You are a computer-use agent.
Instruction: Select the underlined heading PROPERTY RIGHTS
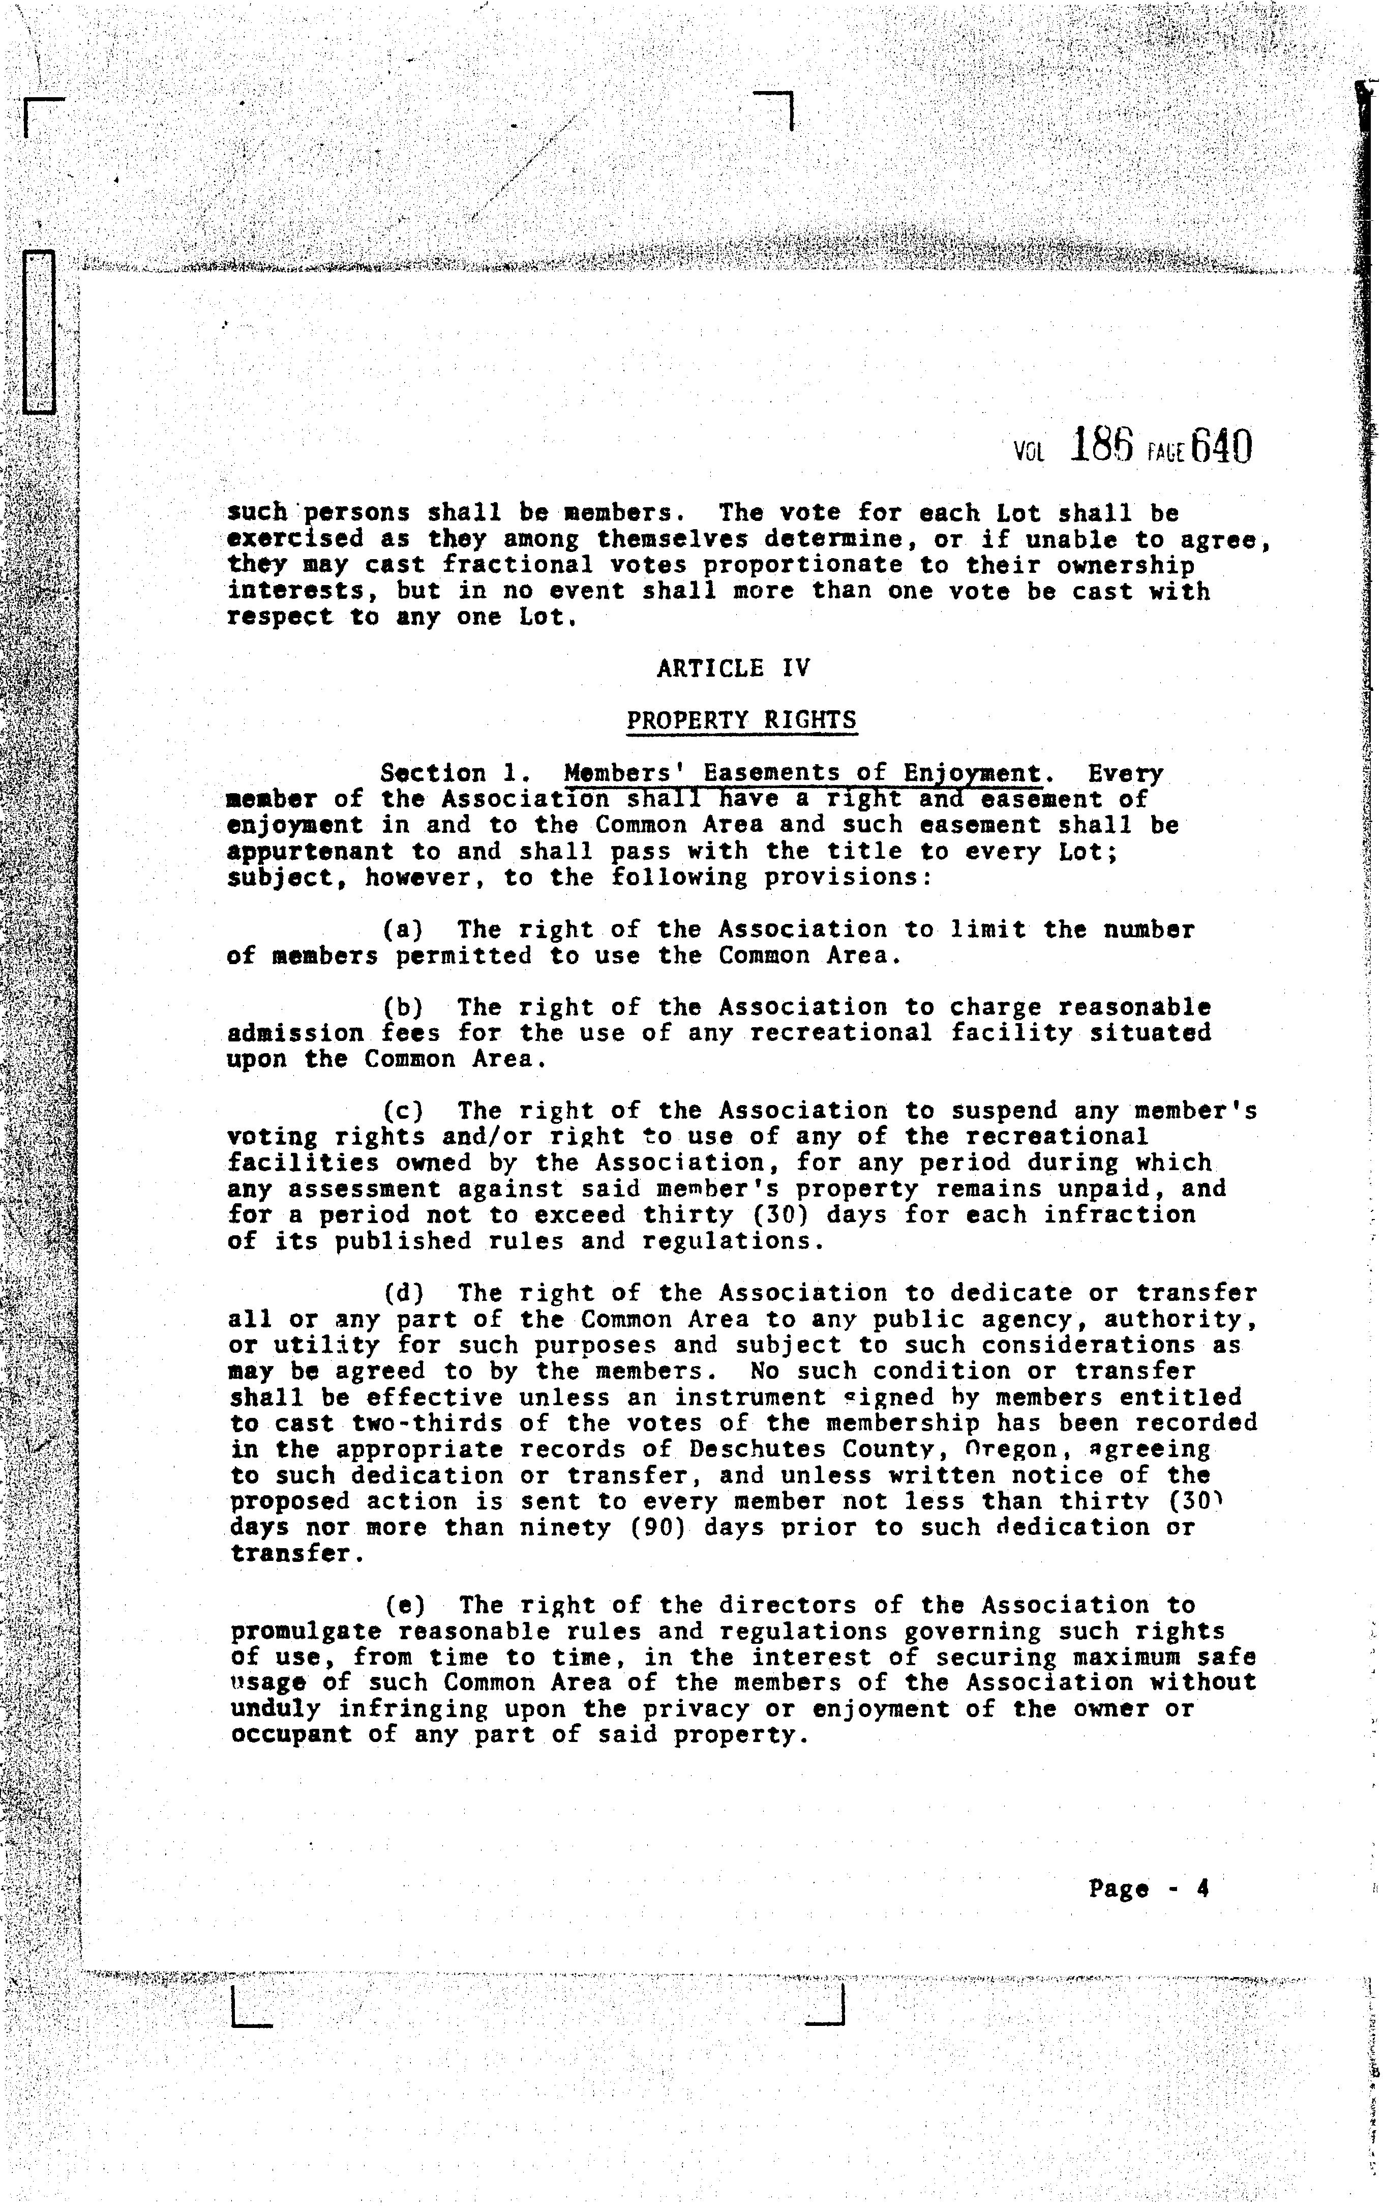click(x=741, y=720)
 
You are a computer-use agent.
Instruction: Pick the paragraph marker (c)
click(x=403, y=1112)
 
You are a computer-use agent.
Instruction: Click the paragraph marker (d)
click(x=403, y=1294)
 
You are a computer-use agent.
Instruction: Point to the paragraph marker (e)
click(x=403, y=1606)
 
